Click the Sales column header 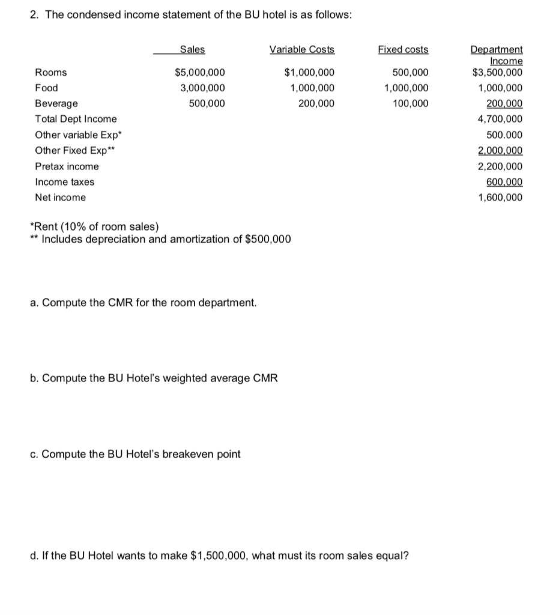tap(192, 49)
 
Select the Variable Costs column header tap(302, 49)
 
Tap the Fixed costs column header tap(403, 49)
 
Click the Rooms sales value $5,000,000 tap(200, 73)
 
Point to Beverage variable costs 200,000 tap(316, 103)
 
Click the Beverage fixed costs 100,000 tap(411, 103)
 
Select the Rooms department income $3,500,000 tap(497, 73)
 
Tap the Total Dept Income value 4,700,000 tap(500, 119)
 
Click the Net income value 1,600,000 tap(500, 198)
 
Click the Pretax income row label tap(67, 166)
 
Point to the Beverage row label tap(56, 103)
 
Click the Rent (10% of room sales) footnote tap(95, 226)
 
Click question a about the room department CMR tap(144, 302)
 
